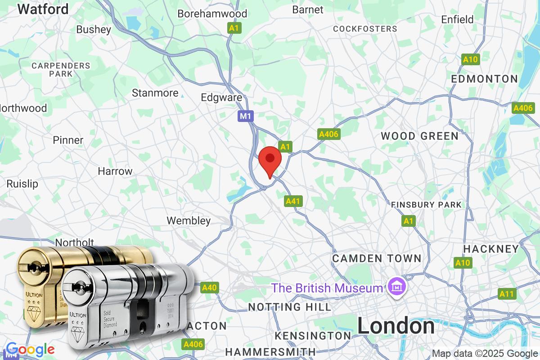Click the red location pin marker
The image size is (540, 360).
point(270,160)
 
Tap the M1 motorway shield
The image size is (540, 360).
point(245,117)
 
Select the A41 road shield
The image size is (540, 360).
point(293,201)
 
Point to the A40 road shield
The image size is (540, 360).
point(209,288)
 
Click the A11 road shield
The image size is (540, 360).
point(507,294)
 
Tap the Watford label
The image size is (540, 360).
point(43,9)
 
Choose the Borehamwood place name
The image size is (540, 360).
point(212,13)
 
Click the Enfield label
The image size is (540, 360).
point(457,19)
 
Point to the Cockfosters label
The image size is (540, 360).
point(365,29)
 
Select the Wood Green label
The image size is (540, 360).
point(419,136)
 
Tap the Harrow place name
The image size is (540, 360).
point(115,171)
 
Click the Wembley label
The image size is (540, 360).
point(189,220)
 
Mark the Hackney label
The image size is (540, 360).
point(491,249)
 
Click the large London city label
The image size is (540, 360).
point(396,326)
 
